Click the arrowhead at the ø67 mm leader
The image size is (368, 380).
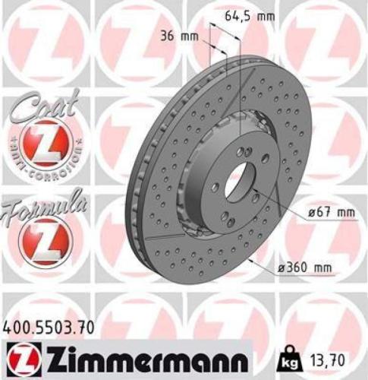[x=256, y=186]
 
